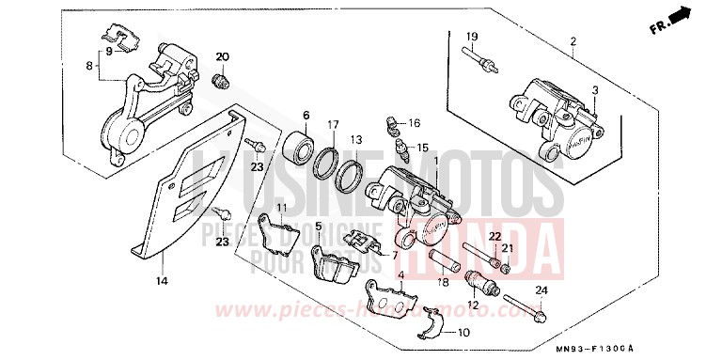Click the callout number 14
pos(162,281)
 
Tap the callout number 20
pos(223,58)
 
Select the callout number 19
pos(472,37)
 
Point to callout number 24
pos(540,291)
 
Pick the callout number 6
pos(306,115)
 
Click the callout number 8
pos(90,68)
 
